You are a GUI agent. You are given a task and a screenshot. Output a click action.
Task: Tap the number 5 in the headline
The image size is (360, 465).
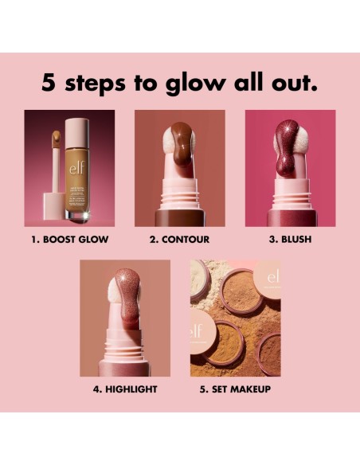[49, 82]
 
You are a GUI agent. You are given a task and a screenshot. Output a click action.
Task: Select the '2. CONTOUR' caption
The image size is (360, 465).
[180, 238]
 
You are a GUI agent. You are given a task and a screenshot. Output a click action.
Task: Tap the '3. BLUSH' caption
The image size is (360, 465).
[290, 238]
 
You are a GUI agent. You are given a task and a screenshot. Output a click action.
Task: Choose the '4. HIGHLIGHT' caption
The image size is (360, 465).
[125, 389]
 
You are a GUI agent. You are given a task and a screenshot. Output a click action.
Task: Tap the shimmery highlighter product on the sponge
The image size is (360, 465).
[122, 297]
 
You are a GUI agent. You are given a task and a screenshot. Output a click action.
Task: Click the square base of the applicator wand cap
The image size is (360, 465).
[51, 203]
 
